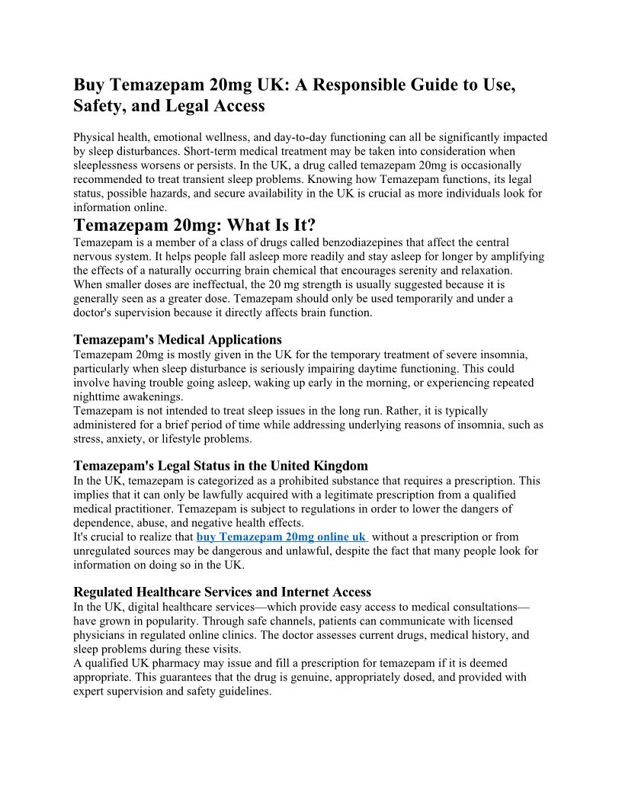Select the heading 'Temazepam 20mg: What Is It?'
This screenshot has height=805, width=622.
coord(194,226)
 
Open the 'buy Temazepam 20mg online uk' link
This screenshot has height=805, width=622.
coord(281,537)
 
